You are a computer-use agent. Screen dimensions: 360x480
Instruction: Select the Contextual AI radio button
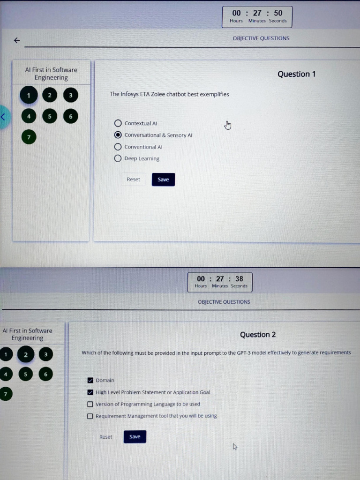pos(118,123)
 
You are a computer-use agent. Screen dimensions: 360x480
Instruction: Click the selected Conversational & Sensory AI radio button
pos(118,135)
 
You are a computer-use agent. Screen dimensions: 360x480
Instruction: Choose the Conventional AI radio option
pos(118,147)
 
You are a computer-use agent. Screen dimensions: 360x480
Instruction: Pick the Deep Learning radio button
pos(118,158)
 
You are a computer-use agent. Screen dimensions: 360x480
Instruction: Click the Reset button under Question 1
pos(133,180)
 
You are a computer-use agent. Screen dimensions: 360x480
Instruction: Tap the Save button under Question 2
pos(135,436)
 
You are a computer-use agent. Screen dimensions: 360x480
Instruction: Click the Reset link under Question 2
pos(105,437)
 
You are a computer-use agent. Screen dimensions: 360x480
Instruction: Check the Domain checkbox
pos(90,380)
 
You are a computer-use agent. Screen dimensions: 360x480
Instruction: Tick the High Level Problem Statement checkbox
pos(90,392)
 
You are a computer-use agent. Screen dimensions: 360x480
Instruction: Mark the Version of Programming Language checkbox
pos(90,404)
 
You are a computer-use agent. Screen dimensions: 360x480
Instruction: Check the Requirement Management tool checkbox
pos(90,416)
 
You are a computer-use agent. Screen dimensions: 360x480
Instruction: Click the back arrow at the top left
pos(17,40)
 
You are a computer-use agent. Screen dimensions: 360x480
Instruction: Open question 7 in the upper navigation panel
pos(29,137)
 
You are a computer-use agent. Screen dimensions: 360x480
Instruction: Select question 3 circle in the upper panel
pos(71,95)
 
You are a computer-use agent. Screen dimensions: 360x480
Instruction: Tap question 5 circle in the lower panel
pos(25,374)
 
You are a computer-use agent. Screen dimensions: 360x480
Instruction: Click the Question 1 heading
pos(296,74)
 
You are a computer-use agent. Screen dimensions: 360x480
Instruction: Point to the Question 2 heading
pos(258,335)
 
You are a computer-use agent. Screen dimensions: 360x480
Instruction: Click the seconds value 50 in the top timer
pos(278,13)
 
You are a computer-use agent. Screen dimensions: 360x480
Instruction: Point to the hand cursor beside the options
pos(228,125)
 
